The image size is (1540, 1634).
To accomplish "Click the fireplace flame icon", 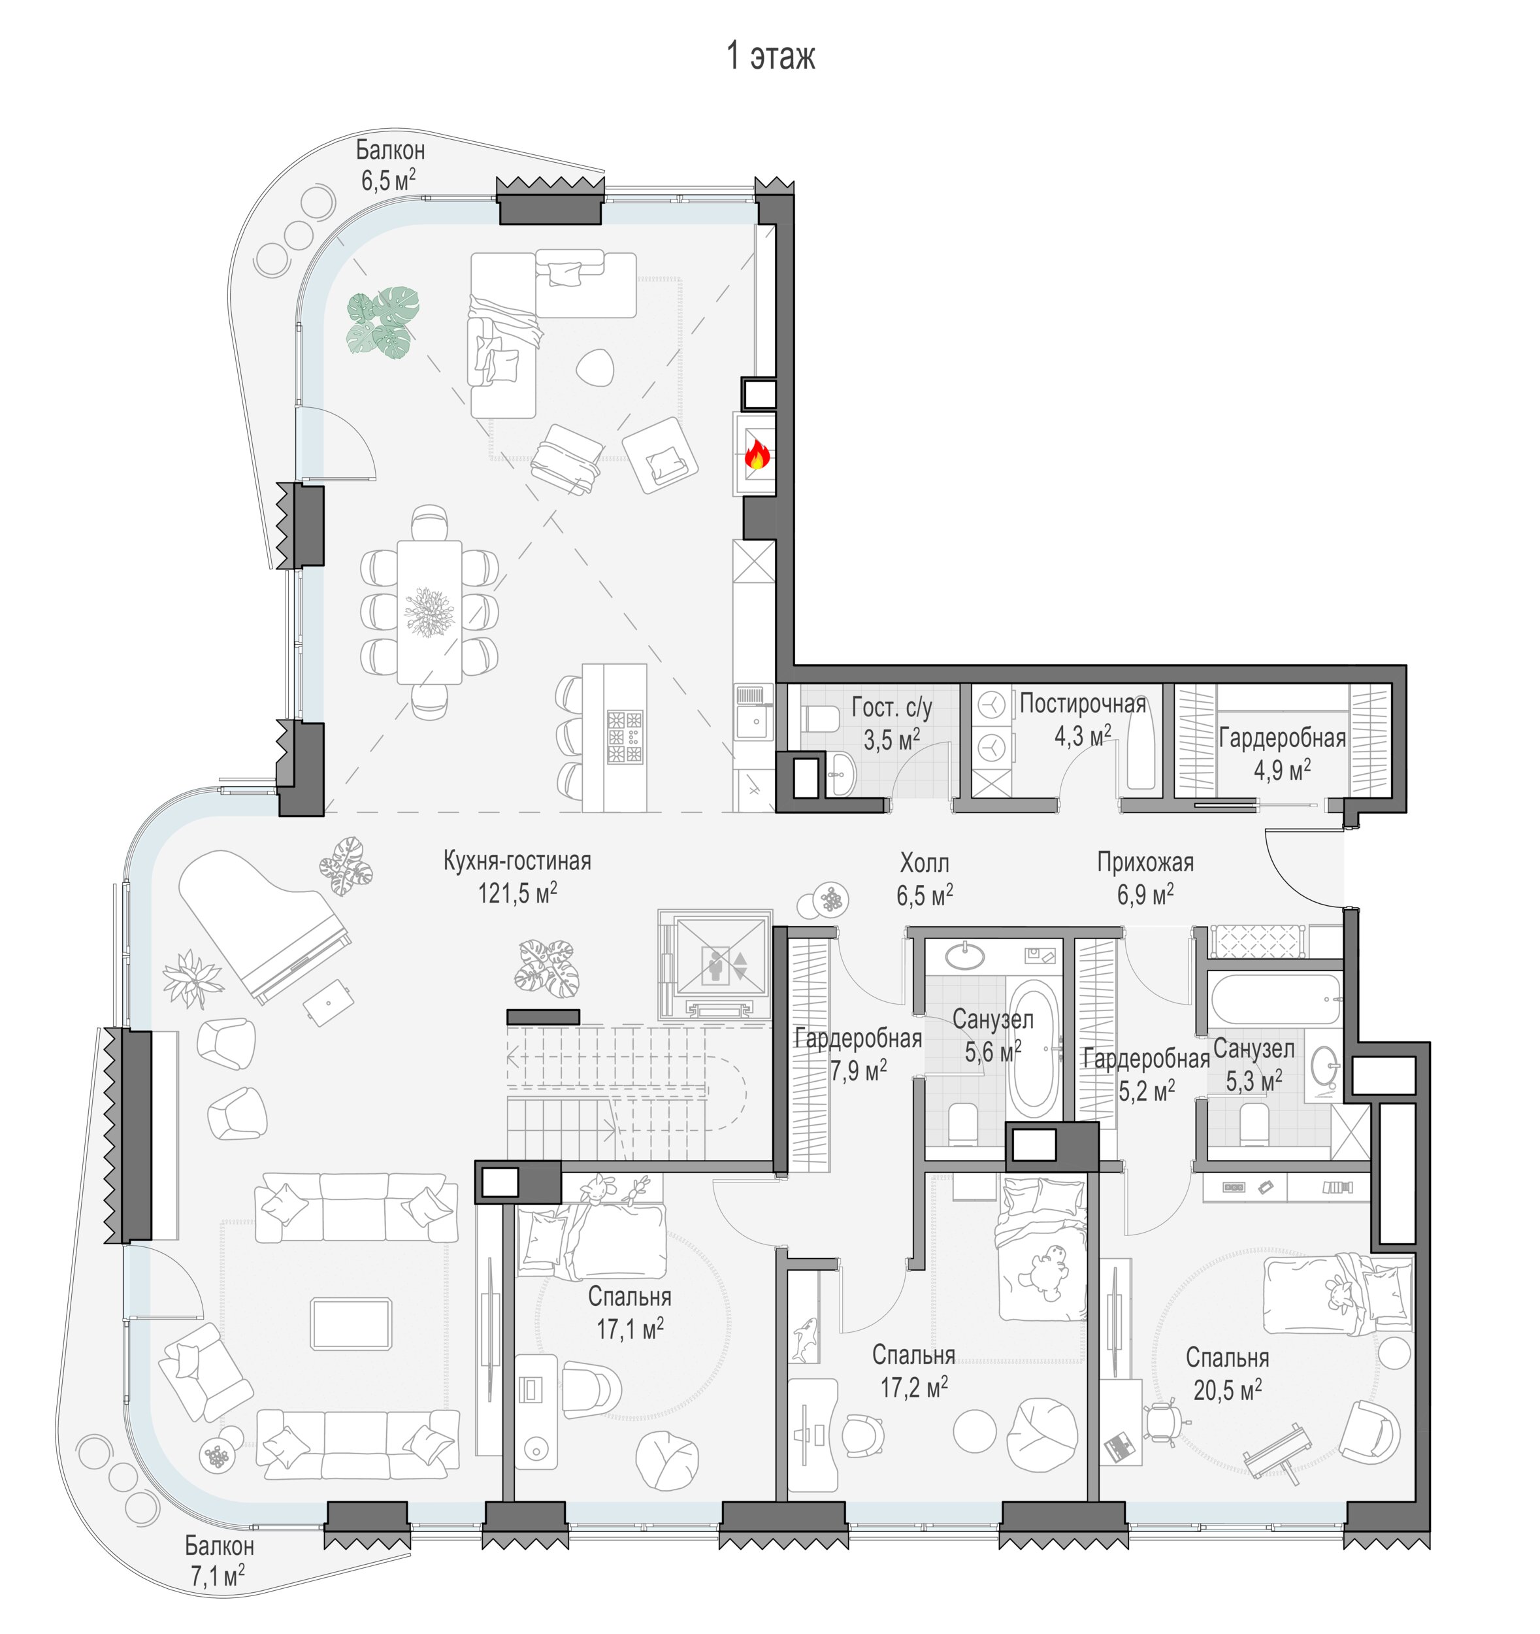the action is [755, 454].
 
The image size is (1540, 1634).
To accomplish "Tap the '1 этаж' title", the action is [771, 57].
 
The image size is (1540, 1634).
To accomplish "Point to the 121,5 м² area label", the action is [517, 893].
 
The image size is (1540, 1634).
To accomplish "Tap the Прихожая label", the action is [1145, 862].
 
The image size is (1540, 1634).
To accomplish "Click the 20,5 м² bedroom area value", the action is [1227, 1390].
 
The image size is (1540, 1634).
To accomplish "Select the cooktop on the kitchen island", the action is [625, 737].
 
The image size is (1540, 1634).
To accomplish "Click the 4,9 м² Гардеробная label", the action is [1282, 753].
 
